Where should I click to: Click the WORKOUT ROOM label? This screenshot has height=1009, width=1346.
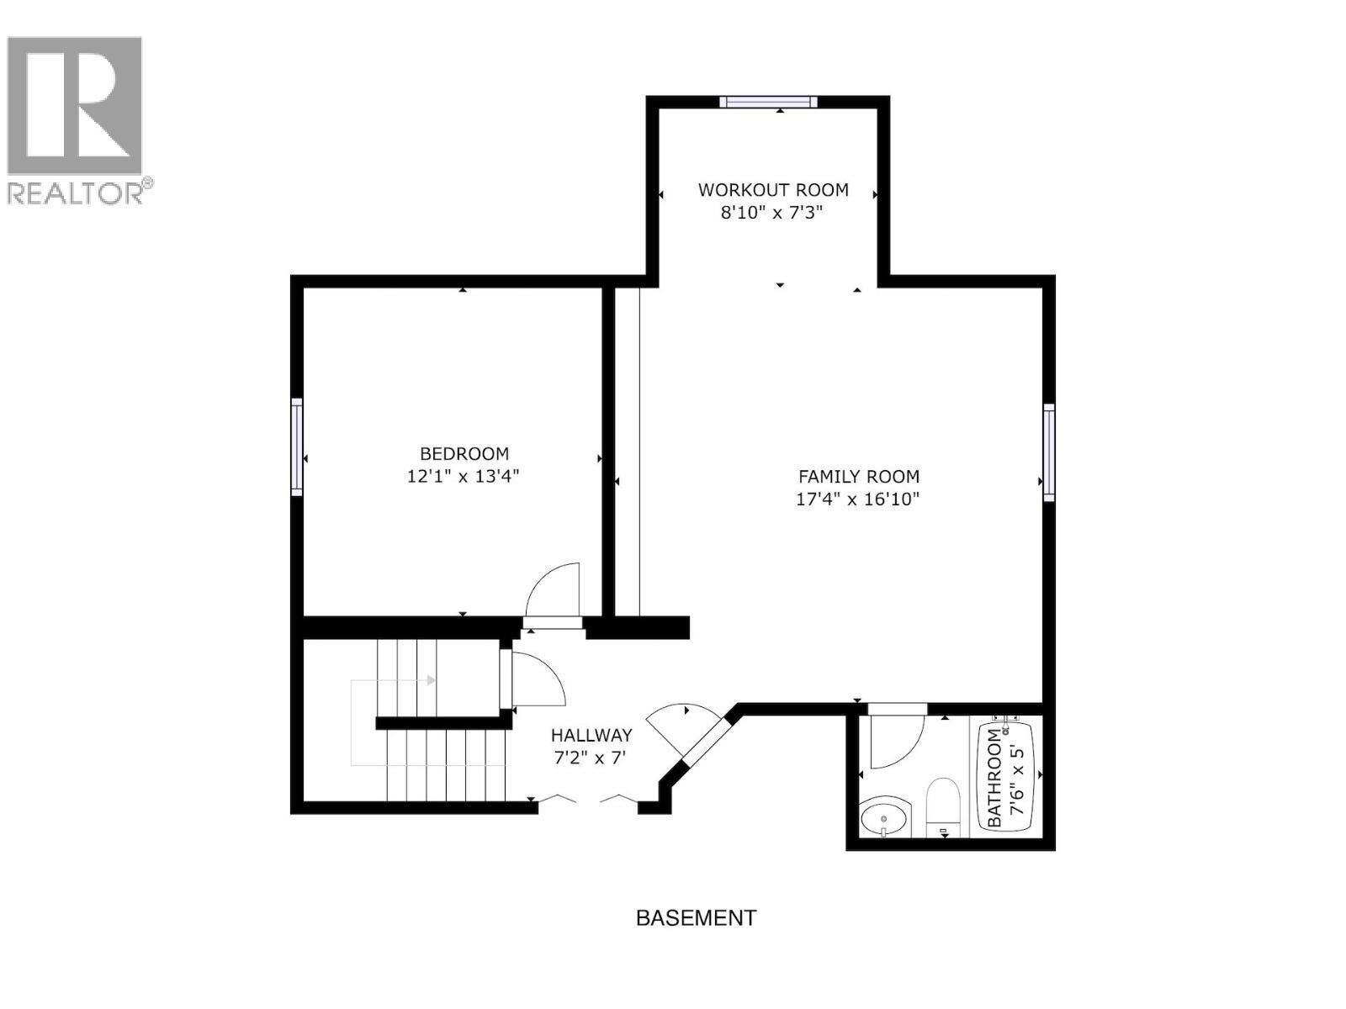click(772, 190)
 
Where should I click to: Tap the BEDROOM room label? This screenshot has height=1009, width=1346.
click(464, 454)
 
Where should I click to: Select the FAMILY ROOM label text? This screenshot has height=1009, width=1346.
click(858, 476)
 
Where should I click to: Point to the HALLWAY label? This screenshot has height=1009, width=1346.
click(591, 735)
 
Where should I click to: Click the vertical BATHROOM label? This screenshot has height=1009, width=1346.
click(994, 777)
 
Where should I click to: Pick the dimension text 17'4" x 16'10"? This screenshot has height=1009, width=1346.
click(857, 499)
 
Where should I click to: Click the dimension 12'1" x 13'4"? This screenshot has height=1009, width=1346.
click(463, 477)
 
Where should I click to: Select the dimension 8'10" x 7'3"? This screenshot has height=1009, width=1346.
click(771, 213)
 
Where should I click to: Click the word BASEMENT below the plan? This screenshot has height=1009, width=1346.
click(696, 917)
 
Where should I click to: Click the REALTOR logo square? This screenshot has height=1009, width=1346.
click(74, 106)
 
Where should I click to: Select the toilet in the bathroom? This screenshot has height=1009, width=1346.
click(943, 807)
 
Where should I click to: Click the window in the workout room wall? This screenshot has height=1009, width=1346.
click(768, 103)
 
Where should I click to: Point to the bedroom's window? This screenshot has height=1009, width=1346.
click(297, 446)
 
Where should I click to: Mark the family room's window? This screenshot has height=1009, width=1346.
click(1049, 452)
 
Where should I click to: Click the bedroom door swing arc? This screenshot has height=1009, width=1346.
click(554, 591)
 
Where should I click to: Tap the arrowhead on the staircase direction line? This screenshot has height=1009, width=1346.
click(432, 680)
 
